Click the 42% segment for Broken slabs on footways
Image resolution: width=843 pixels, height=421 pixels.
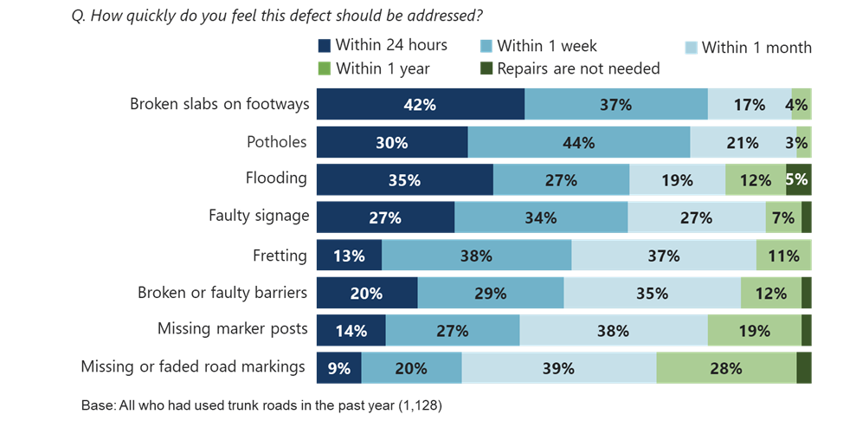pos(420,104)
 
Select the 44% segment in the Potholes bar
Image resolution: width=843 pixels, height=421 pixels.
pos(578,142)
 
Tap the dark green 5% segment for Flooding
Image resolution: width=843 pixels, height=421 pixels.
pos(799,180)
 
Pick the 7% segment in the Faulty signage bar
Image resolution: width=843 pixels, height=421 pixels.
pos(783,217)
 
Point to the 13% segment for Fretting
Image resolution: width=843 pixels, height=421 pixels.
pos(348,256)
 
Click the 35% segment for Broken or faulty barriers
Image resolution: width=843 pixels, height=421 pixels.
pos(652,293)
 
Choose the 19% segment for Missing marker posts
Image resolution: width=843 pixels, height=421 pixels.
pos(754,330)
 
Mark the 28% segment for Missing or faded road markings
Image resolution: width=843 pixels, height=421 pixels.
pos(726,368)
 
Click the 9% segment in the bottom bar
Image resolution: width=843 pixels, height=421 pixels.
pos(338,368)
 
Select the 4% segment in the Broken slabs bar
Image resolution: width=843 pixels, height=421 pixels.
pos(801,104)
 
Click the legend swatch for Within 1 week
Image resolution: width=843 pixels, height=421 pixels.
pos(486,45)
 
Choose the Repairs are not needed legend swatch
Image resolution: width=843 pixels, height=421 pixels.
pos(486,68)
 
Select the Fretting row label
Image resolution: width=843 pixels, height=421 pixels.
pos(279,255)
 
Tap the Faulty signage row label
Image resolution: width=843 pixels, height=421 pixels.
pos(258,216)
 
